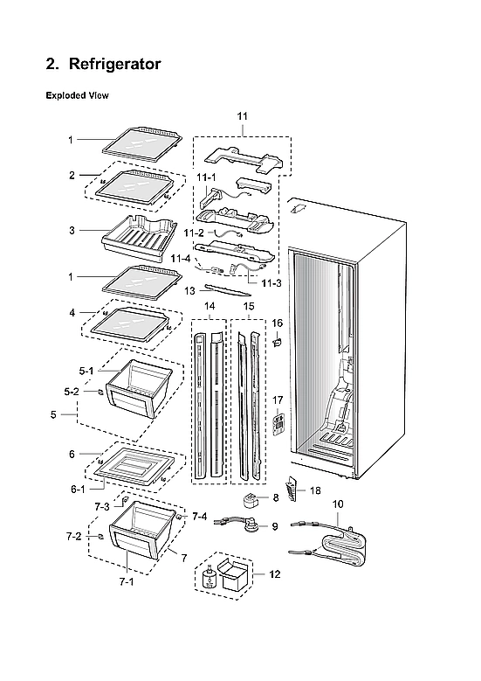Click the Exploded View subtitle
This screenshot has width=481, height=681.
click(77, 96)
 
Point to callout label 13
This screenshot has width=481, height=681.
click(189, 289)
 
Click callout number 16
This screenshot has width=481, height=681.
click(278, 323)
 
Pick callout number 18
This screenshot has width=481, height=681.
click(314, 493)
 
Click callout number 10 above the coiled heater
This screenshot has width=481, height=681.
click(338, 504)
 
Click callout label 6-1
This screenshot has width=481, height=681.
click(78, 489)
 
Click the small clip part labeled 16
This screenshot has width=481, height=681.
click(278, 344)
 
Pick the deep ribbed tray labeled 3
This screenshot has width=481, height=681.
click(135, 233)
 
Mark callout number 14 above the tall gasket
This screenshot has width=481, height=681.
click(209, 307)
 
